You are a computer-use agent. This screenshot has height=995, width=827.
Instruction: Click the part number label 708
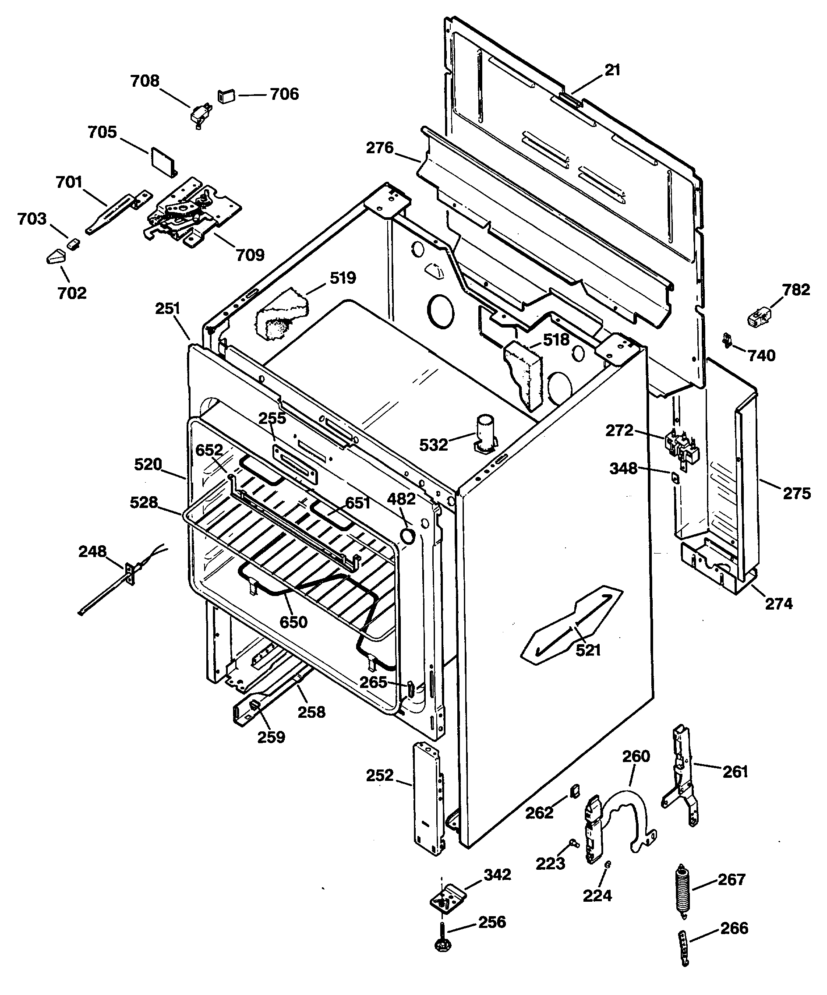(145, 81)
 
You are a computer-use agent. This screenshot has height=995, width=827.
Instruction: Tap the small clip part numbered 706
(226, 96)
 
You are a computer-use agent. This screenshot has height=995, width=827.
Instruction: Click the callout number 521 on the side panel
(588, 650)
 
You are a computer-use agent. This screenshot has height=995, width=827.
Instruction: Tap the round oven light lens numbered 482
(407, 536)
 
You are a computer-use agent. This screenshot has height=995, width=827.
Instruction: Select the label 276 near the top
(380, 148)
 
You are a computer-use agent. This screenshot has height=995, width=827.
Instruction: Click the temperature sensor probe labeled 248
(114, 588)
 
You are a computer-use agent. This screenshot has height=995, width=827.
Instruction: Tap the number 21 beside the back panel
(612, 70)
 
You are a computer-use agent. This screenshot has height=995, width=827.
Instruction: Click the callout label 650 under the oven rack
(293, 621)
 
